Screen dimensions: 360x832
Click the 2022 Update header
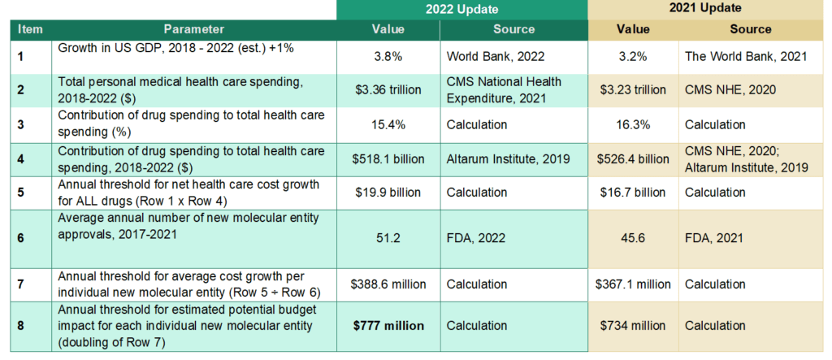[461, 10]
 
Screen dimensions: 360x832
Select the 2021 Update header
[705, 10]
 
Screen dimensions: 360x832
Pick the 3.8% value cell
[388, 58]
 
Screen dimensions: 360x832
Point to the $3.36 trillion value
[388, 89]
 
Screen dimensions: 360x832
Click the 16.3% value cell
[633, 124]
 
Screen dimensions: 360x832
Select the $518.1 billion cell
[388, 159]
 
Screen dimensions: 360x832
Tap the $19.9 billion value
[388, 193]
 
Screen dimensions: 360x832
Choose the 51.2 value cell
[388, 238]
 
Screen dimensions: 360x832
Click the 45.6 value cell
[633, 238]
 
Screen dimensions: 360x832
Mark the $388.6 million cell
[388, 284]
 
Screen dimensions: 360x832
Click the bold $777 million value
[388, 326]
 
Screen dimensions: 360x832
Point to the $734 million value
[633, 326]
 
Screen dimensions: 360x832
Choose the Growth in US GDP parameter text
[175, 49]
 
